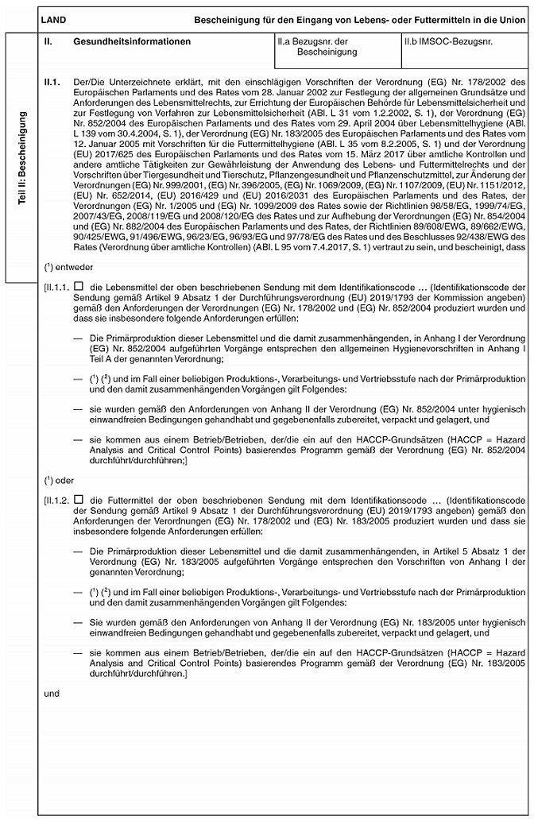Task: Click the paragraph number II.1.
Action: point(54,82)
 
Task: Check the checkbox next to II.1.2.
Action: point(78,499)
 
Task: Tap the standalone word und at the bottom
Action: point(52,692)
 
